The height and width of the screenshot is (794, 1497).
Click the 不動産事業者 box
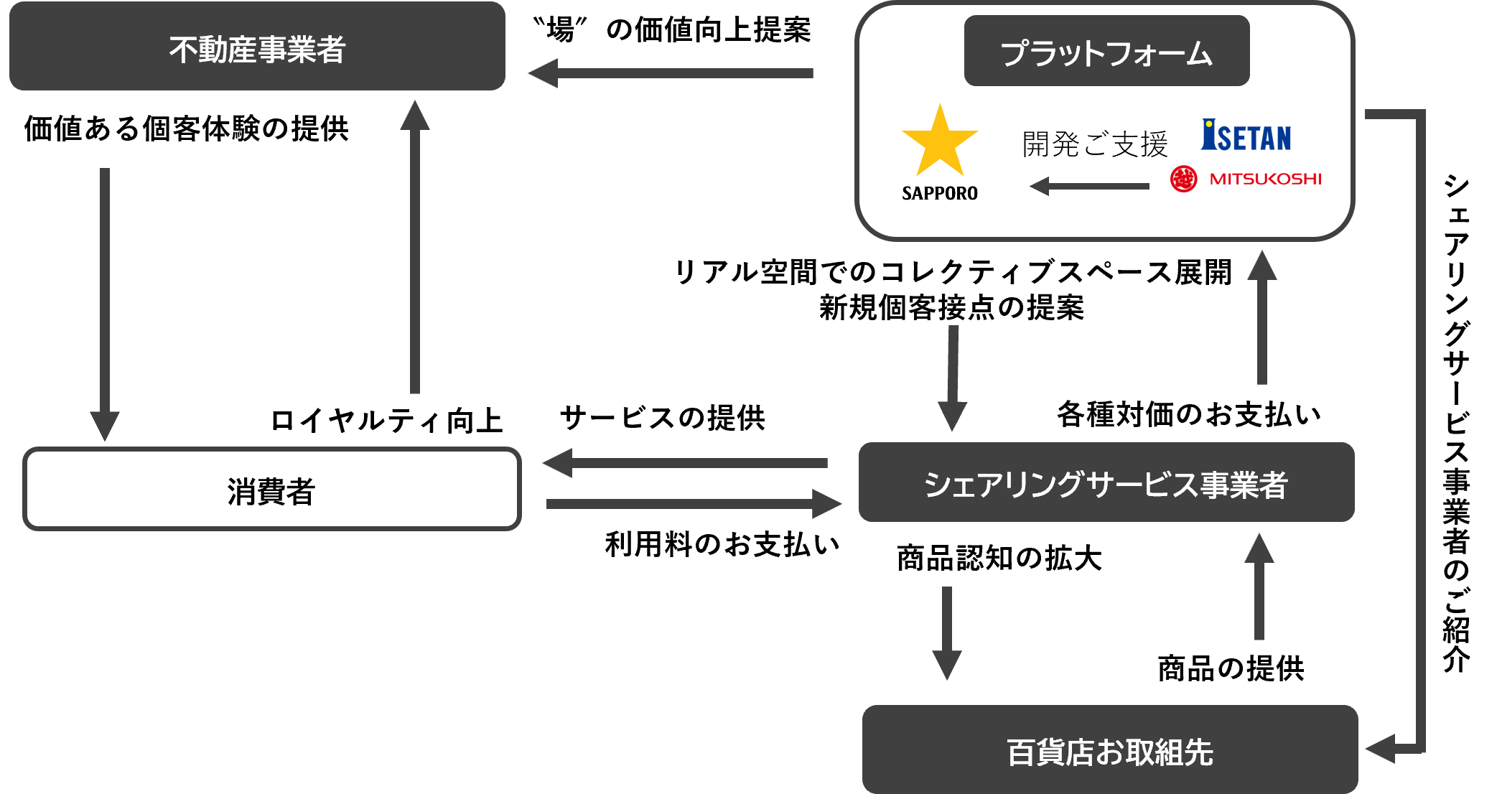(x=257, y=47)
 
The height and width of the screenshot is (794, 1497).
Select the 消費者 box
(x=271, y=490)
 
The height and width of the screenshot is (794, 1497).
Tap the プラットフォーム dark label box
(x=1106, y=52)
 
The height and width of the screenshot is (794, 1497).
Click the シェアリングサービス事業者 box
(x=1106, y=482)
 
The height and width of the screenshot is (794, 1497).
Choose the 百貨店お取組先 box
(x=1109, y=750)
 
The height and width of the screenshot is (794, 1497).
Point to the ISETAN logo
(x=1246, y=136)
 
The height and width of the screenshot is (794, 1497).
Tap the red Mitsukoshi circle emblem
(x=1183, y=179)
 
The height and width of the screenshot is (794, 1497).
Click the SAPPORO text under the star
(x=939, y=193)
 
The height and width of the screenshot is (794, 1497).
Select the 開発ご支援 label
(x=1094, y=144)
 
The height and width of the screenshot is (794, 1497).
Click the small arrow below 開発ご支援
(x=1089, y=186)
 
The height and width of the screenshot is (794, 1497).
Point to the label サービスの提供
(x=662, y=417)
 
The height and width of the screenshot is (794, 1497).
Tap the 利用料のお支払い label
(x=722, y=544)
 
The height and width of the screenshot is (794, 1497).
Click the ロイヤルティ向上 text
(x=386, y=420)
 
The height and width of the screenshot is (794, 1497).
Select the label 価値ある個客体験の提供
(x=186, y=129)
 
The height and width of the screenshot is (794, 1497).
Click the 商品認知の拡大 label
(x=999, y=558)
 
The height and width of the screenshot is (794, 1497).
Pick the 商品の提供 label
(x=1231, y=668)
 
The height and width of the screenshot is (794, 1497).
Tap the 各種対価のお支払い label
(x=1188, y=414)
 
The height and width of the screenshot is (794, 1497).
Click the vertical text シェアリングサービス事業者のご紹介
(x=1456, y=424)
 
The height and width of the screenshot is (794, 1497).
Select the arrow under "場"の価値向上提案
(x=671, y=73)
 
